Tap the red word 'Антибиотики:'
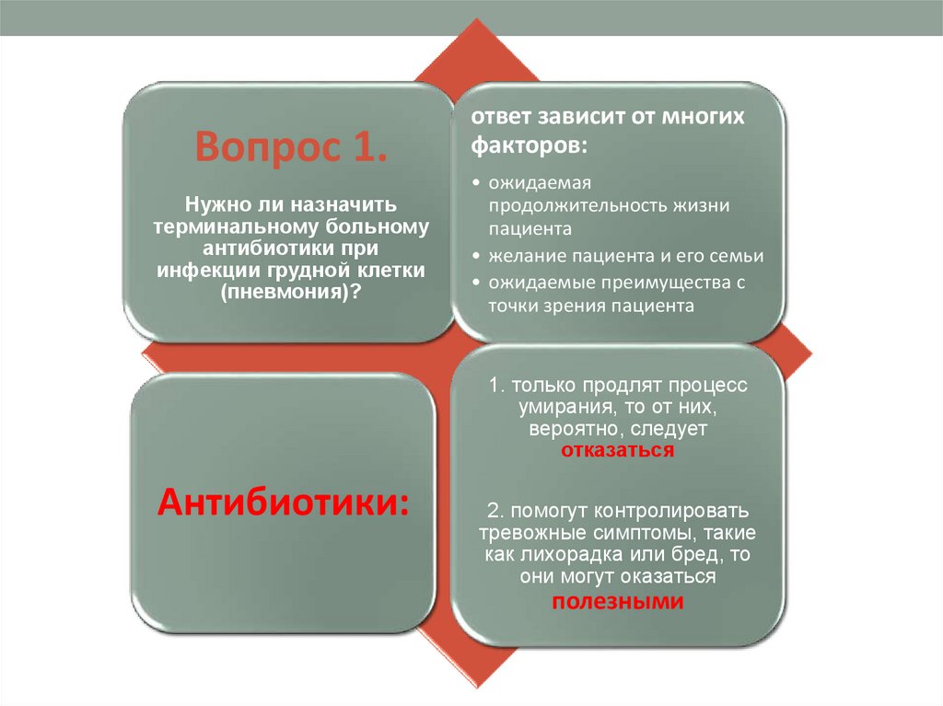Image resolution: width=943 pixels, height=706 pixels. (x=284, y=502)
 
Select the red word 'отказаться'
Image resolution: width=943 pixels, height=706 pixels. (x=618, y=452)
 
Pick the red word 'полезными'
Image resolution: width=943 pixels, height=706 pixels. (x=618, y=602)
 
